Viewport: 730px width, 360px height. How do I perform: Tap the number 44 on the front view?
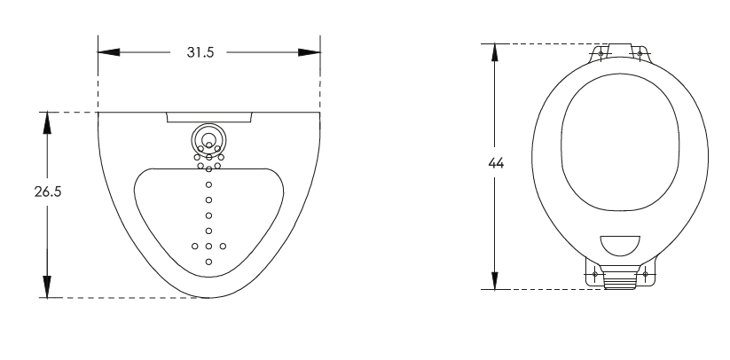point(496,164)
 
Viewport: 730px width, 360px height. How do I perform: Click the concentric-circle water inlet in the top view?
point(208,138)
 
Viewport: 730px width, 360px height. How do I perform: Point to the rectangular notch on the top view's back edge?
point(208,117)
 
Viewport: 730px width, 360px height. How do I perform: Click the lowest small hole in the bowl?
point(208,262)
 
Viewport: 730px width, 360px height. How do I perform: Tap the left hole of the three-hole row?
point(194,246)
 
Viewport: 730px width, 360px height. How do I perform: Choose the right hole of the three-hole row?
point(223,246)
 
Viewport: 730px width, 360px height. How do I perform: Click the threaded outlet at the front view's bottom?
point(620,281)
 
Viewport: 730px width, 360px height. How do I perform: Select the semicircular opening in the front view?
point(620,246)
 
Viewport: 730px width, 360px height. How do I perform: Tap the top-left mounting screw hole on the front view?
point(601,53)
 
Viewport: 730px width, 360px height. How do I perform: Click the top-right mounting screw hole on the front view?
point(639,53)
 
